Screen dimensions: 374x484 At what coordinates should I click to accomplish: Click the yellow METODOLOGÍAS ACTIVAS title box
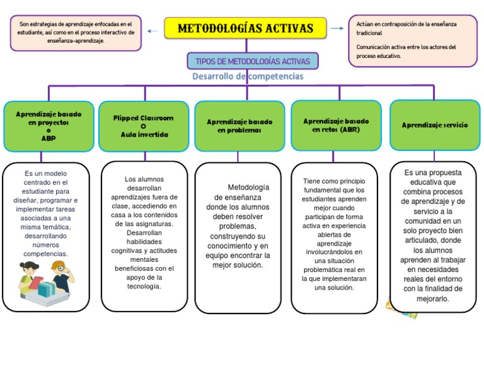pos(246,28)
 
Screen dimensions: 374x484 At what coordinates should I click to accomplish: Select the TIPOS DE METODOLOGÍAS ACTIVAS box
pos(253,61)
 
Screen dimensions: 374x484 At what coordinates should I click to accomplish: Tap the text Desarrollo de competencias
pos(248,77)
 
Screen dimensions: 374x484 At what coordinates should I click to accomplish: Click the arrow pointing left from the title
pos(152,30)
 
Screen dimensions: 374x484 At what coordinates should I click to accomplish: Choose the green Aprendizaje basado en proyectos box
pos(49,126)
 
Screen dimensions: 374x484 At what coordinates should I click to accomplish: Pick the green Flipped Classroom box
pos(143,126)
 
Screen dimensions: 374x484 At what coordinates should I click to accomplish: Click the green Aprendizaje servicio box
pos(435,125)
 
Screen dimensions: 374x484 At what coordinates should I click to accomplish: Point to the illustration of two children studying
pos(44,283)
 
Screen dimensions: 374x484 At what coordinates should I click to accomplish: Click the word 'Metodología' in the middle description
pos(248,187)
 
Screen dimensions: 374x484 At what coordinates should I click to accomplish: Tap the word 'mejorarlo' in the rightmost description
pos(433,299)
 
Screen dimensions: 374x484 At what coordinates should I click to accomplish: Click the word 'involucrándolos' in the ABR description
pos(334,252)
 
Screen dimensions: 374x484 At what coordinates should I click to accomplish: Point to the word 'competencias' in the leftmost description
pos(46,254)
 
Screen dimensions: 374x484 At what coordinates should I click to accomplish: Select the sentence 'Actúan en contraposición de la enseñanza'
pos(406,24)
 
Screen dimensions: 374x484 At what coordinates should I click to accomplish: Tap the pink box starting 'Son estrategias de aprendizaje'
pos(76,32)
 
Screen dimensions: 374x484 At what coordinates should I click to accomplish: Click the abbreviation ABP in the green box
pos(49,138)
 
